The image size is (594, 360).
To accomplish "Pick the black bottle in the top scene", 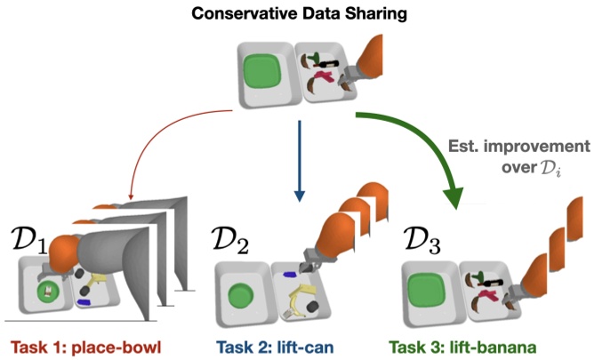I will coord(325,64).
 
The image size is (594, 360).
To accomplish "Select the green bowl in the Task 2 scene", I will coord(240,294).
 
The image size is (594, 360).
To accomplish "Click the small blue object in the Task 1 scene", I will coord(84,304).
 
